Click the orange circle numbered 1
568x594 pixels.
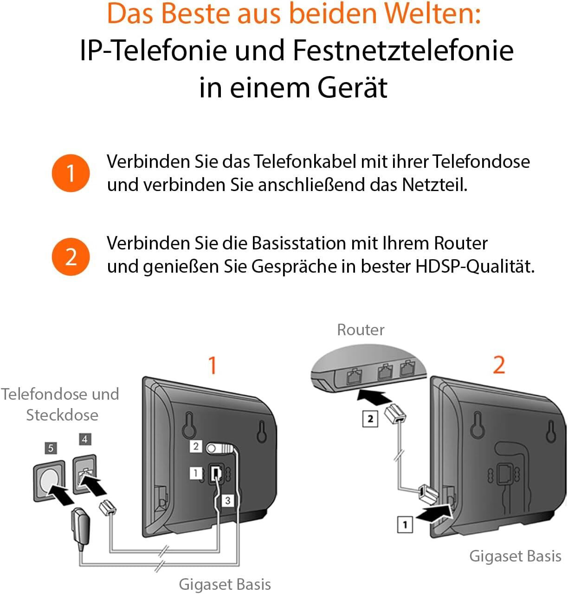[x=71, y=173]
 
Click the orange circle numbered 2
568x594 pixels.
[x=71, y=257]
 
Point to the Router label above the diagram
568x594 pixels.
[x=361, y=330]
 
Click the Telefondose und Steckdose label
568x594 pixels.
[x=60, y=404]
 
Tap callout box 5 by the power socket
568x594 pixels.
[x=51, y=448]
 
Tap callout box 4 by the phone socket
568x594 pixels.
[x=85, y=439]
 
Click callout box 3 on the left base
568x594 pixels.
[x=227, y=501]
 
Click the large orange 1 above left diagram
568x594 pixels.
[x=213, y=365]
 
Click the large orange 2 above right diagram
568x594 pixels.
[x=499, y=365]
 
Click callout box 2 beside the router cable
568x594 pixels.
[x=370, y=419]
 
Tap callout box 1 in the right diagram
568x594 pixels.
[x=405, y=524]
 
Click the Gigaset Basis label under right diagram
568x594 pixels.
[x=515, y=556]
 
